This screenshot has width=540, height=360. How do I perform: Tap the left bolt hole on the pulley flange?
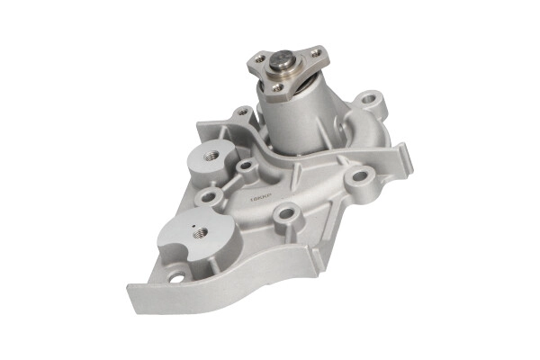pos(259,59)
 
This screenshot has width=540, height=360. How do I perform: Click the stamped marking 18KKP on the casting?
pos(253,192)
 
